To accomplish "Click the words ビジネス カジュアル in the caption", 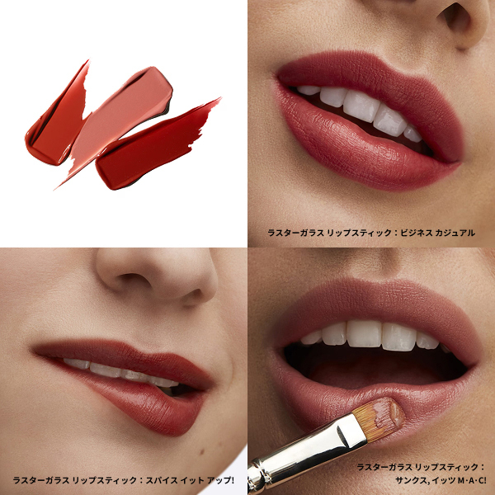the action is tap(437, 233).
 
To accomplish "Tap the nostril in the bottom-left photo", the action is tap(131, 280).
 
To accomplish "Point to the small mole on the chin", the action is tap(201, 452).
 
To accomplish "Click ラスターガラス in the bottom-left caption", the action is tap(41, 480).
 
